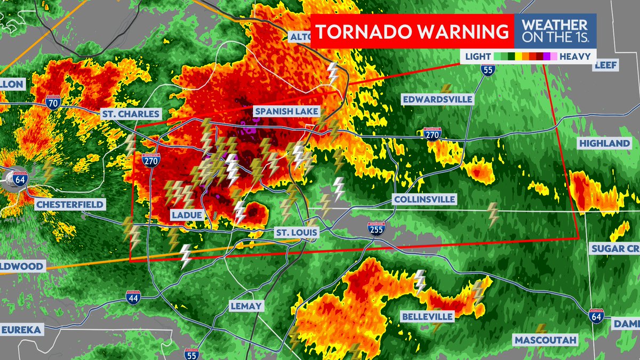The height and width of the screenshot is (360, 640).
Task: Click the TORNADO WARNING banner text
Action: point(412,31)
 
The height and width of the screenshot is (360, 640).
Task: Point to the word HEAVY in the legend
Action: point(574,56)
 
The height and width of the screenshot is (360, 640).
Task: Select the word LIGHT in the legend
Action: point(478,56)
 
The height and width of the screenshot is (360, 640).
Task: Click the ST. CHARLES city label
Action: point(131,114)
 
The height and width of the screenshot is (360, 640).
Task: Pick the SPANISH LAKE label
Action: point(286,111)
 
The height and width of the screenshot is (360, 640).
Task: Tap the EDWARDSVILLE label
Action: point(437,99)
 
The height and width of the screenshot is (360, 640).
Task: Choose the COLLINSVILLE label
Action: point(424,199)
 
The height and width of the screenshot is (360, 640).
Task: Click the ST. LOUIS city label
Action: point(297,233)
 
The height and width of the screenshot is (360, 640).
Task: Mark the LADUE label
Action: point(187,215)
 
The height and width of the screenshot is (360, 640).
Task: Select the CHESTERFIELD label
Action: point(70,205)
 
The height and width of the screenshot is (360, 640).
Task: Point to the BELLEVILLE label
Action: point(427,317)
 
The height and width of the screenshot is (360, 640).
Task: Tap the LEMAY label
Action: point(246,306)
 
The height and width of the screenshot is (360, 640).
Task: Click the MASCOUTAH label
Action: point(545,340)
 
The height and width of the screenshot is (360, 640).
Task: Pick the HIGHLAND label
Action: point(604,144)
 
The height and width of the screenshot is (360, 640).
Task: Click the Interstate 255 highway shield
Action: point(375,230)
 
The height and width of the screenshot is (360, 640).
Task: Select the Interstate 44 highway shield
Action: point(133,298)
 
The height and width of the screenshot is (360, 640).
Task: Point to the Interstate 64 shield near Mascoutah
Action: point(597,316)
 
